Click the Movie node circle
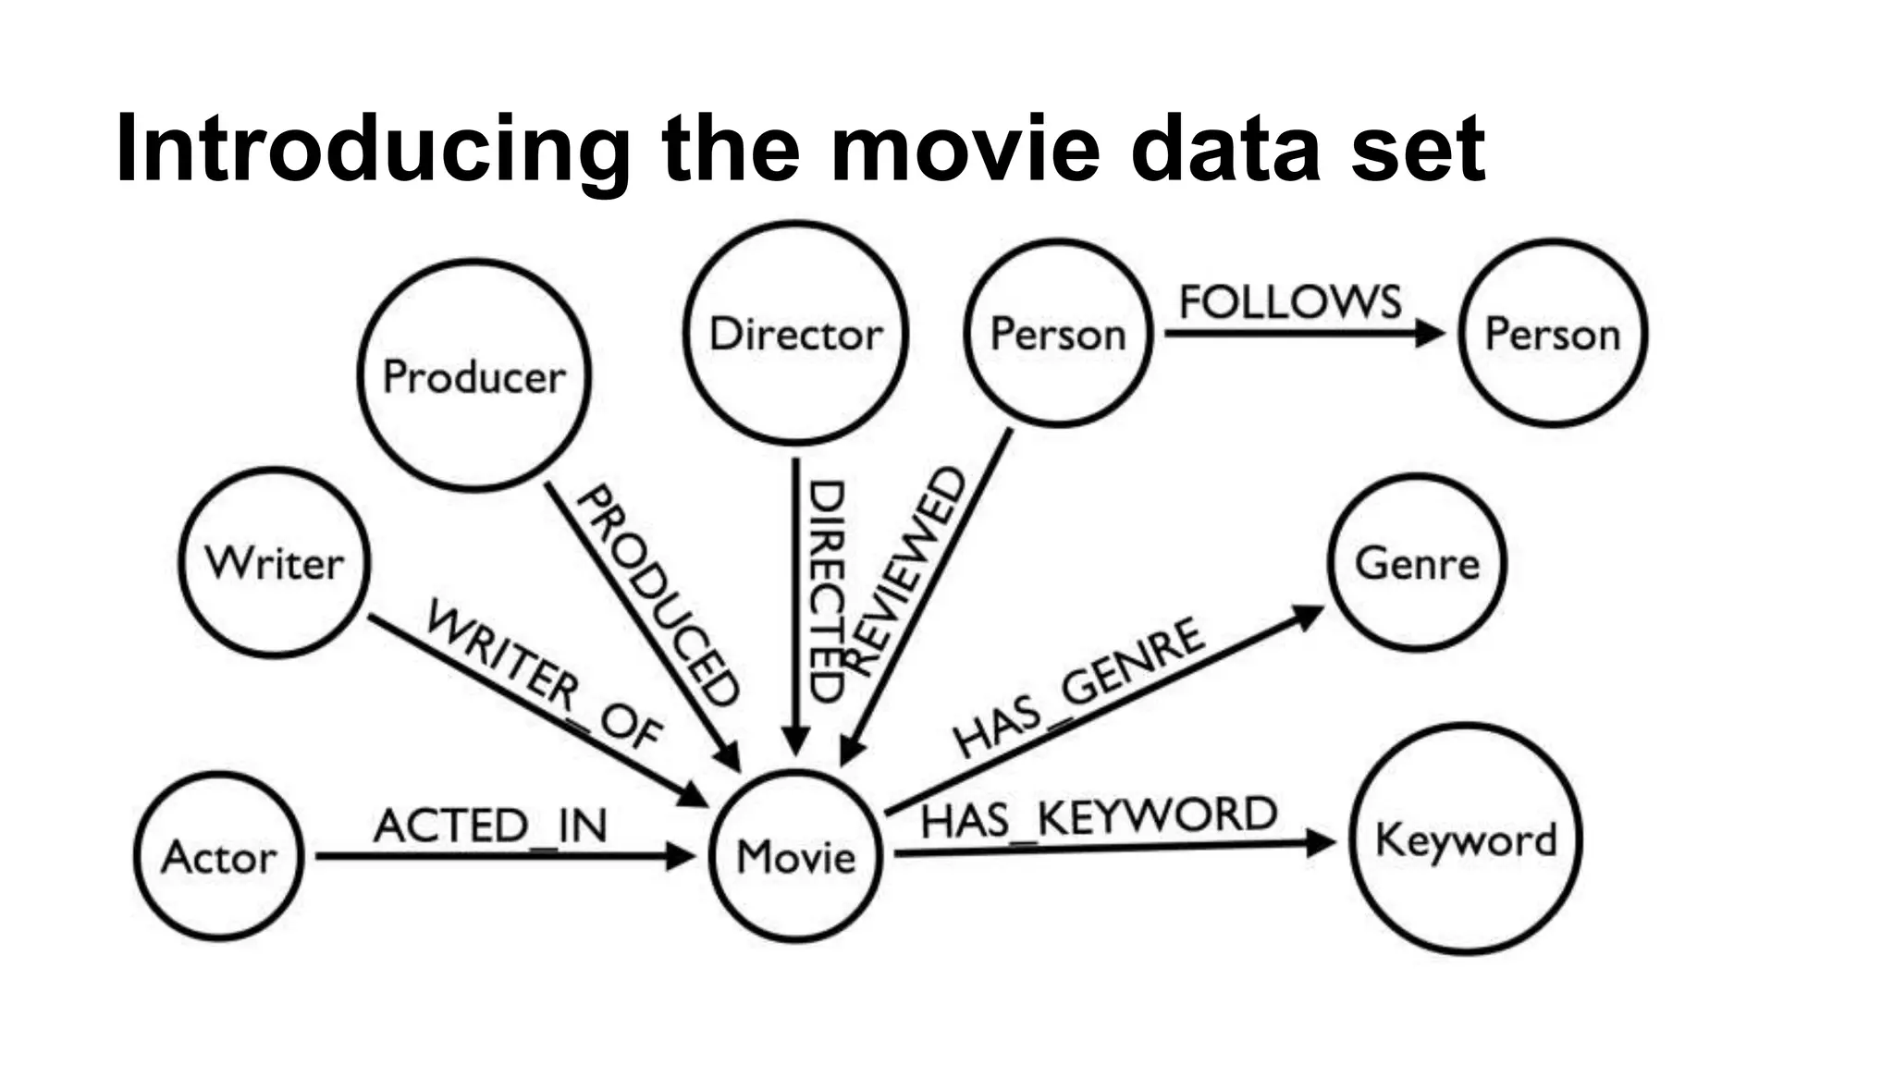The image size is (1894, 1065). point(796,856)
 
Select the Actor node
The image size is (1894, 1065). point(219,856)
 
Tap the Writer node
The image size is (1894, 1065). point(275,563)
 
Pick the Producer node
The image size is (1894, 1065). point(474,375)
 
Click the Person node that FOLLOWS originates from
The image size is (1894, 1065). point(1058,333)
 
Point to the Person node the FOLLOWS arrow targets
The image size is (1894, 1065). point(1553,333)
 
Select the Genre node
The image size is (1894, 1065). point(1417,563)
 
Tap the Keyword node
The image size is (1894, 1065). point(1466,839)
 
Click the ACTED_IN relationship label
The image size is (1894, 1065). point(490,825)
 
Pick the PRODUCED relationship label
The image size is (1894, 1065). point(658,596)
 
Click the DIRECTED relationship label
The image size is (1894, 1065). point(826,592)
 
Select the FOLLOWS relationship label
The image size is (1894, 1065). point(1290,301)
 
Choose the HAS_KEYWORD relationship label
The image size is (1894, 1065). point(1099,817)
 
